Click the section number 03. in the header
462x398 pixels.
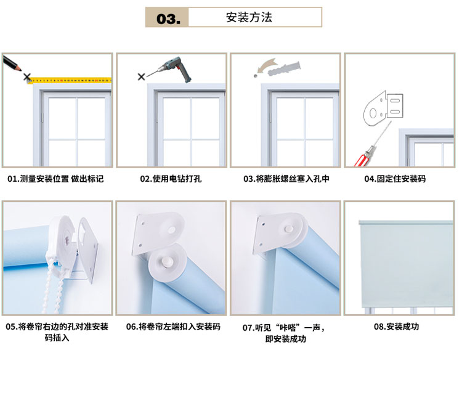168,18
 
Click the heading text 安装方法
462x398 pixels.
249,17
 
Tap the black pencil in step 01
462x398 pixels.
12,63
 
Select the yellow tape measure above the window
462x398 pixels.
70,80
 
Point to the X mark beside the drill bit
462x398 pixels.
142,77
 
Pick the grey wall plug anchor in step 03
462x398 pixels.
285,68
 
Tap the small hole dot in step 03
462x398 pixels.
256,76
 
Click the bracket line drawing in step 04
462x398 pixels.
383,108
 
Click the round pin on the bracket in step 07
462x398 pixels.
289,229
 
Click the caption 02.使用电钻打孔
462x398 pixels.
171,179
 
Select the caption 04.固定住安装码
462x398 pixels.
395,179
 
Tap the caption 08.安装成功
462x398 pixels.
396,327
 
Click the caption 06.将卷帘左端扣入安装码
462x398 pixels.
173,327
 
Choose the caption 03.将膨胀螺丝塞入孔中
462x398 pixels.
286,179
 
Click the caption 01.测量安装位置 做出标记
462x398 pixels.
55,179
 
